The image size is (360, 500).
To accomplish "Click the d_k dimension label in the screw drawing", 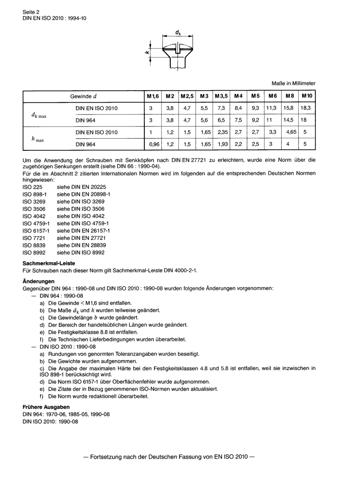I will pyautogui.click(x=178, y=33).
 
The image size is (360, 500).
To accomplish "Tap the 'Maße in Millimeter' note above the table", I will pyautogui.click(x=293, y=83).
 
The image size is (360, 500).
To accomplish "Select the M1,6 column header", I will pyautogui.click(x=153, y=96).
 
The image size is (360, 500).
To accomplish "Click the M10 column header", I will pyautogui.click(x=307, y=96).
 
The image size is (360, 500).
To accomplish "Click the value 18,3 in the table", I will pyautogui.click(x=305, y=108).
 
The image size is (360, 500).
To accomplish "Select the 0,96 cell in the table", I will pyautogui.click(x=154, y=144).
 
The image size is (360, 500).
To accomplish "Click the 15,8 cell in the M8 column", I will pyautogui.click(x=288, y=108).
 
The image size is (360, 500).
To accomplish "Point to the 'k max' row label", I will pyautogui.click(x=38, y=139).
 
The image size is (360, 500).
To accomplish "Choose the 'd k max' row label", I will pyautogui.click(x=39, y=115).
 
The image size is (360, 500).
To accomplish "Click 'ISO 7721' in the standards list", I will pyautogui.click(x=34, y=238).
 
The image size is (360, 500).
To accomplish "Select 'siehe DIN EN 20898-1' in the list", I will pyautogui.click(x=83, y=194).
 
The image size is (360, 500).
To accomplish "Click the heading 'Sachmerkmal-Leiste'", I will pyautogui.click(x=49, y=263).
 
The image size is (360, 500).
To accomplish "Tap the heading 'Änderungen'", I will pyautogui.click(x=39, y=281).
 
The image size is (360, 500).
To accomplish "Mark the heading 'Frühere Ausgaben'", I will pyautogui.click(x=46, y=407).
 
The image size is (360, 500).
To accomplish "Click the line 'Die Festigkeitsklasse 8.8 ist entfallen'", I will pyautogui.click(x=93, y=332).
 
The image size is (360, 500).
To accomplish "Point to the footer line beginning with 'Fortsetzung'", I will pyautogui.click(x=169, y=457).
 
